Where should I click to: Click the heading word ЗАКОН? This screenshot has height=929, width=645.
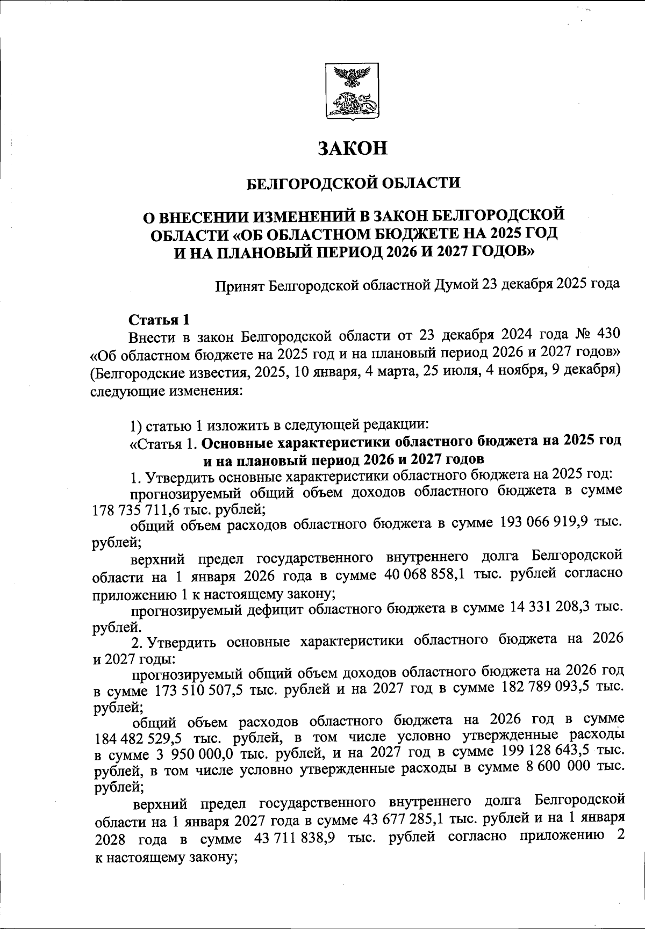coord(353,149)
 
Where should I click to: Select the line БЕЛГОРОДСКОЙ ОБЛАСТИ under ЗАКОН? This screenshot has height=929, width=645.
coord(353,183)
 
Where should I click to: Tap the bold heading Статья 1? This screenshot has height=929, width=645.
coord(159,320)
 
